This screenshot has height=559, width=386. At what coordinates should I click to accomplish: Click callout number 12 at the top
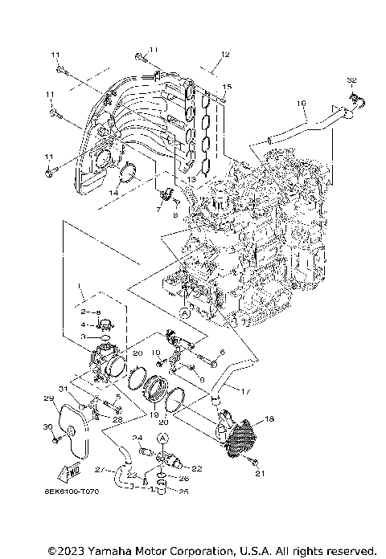[226, 54]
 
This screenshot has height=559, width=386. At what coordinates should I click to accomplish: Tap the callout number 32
[351, 80]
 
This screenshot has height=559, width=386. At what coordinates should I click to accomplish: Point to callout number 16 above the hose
[302, 103]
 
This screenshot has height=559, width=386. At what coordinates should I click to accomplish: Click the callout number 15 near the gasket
[227, 86]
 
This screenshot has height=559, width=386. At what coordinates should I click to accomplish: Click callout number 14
[114, 193]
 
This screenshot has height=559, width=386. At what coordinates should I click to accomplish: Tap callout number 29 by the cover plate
[48, 399]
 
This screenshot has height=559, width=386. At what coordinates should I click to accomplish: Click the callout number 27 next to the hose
[99, 468]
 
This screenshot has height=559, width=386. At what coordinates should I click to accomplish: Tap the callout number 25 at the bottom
[183, 492]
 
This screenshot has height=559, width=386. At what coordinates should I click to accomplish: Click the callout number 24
[137, 439]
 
